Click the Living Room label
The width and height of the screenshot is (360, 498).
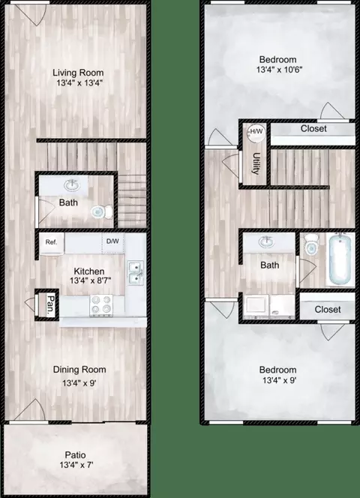click(x=78, y=73)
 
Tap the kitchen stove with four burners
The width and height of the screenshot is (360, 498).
click(x=101, y=305)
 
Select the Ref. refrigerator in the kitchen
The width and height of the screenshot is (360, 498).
click(x=52, y=243)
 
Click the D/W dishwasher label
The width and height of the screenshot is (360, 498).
click(x=112, y=241)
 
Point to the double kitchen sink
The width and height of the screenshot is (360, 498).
click(x=136, y=273)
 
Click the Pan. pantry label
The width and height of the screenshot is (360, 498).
click(x=51, y=305)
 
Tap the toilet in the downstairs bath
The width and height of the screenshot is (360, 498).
click(x=102, y=211)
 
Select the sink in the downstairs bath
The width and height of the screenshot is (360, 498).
click(x=72, y=185)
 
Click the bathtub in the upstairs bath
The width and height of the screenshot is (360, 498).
click(x=340, y=259)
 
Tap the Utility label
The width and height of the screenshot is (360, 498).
click(x=256, y=164)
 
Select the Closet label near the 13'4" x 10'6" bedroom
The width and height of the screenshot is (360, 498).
click(x=313, y=129)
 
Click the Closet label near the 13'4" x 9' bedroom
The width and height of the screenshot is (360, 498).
click(x=328, y=309)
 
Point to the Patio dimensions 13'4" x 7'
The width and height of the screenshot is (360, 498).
click(x=76, y=465)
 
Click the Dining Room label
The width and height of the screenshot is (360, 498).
click(x=79, y=370)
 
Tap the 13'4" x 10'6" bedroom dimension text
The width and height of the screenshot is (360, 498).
click(x=279, y=70)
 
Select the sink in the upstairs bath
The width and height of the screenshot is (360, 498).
click(x=267, y=242)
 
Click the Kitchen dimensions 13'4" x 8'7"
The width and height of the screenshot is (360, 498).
click(x=91, y=280)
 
